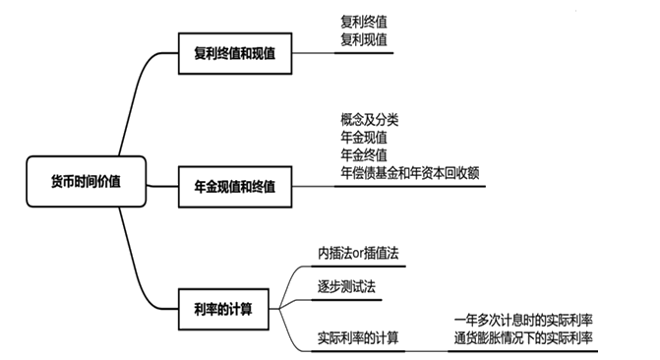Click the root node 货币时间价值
click(x=86, y=181)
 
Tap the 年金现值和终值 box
click(x=234, y=186)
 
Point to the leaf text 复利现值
click(x=364, y=39)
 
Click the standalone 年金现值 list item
click(x=364, y=137)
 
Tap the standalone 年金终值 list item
click(x=364, y=154)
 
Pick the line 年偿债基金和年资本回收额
click(x=410, y=172)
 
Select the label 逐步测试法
click(x=346, y=287)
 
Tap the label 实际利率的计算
click(x=358, y=338)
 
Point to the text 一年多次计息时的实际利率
click(x=523, y=320)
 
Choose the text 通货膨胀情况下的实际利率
click(x=523, y=337)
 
